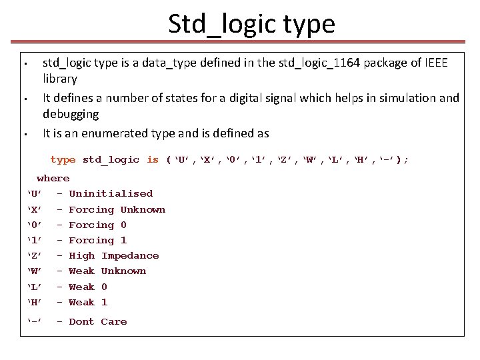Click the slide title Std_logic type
coord(251,25)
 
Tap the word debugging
coord(71,114)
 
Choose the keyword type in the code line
coord(63,160)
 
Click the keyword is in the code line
coord(153,160)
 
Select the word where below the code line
coord(53,178)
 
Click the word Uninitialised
coord(111,194)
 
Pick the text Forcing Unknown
coord(117,209)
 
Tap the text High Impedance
coord(114,256)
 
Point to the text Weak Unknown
coord(107,271)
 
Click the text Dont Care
coord(98,322)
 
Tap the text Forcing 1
coord(98,241)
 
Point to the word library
coord(60,79)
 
